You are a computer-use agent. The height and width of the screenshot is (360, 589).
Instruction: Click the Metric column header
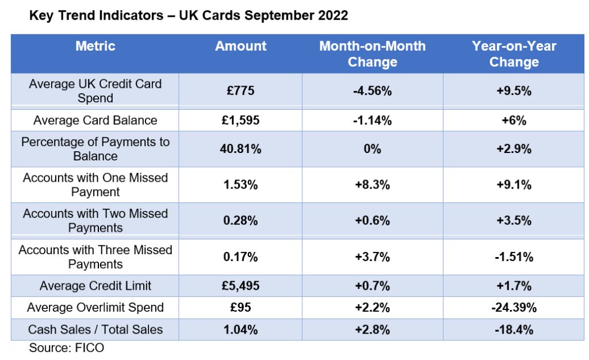pos(95,46)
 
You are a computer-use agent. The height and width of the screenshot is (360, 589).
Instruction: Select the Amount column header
pos(240,46)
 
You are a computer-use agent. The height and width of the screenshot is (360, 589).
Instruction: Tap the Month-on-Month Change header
pos(372,54)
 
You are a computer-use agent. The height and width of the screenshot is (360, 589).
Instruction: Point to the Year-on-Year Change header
pos(514,54)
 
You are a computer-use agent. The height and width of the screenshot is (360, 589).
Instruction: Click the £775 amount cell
pos(240,91)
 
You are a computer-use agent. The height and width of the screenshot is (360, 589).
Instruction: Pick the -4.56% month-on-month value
pos(372,91)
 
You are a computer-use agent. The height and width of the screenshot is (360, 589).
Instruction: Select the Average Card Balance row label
pos(95,120)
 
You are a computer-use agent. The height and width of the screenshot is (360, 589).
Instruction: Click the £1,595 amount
pos(240,120)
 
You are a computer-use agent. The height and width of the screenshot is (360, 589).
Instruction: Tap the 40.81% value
pos(240,149)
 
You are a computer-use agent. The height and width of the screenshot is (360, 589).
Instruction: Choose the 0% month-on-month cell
pos(372,149)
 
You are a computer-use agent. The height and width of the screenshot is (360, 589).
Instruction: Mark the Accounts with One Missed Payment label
pos(95,185)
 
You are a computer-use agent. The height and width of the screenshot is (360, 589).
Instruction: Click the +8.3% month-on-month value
pos(372,185)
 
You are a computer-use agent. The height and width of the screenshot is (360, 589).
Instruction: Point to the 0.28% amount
pos(240,220)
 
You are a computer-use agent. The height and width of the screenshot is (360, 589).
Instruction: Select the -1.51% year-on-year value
pos(514,257)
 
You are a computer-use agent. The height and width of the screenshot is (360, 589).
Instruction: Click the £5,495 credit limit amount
pos(240,286)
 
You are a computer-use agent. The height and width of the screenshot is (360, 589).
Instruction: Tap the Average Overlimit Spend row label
pos(95,308)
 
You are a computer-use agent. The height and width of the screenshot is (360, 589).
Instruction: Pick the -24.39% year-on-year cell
pos(514,308)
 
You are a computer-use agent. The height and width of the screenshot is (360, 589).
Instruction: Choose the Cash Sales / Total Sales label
pos(95,330)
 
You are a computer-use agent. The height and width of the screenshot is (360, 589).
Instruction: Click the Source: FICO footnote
pos(67,348)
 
